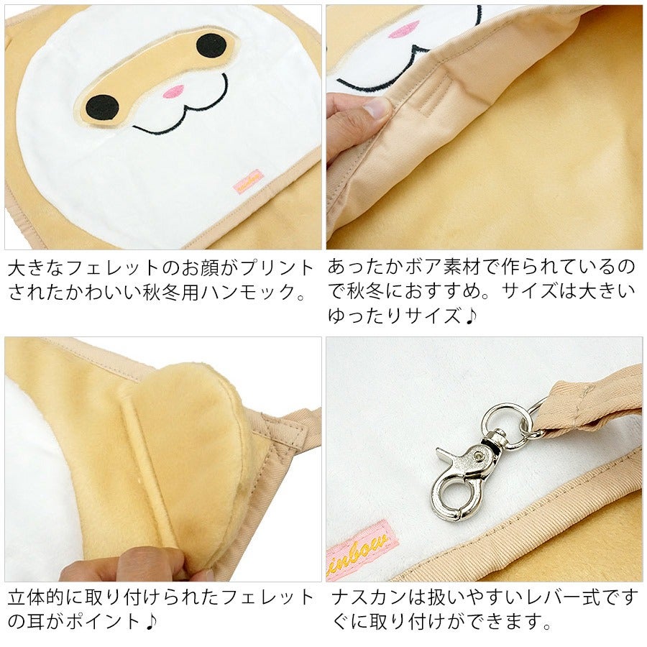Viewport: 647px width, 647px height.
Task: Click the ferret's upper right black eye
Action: point(211,45)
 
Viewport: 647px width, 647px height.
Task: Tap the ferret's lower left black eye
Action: point(102,107)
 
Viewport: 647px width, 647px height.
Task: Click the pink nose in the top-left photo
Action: point(174,91)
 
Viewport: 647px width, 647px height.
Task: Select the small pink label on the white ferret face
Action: point(249,181)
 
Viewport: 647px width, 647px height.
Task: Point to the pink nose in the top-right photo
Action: point(403,31)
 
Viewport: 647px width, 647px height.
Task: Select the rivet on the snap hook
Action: point(479,456)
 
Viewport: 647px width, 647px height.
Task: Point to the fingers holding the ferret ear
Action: point(136,564)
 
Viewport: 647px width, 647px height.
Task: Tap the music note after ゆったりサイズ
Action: point(470,316)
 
